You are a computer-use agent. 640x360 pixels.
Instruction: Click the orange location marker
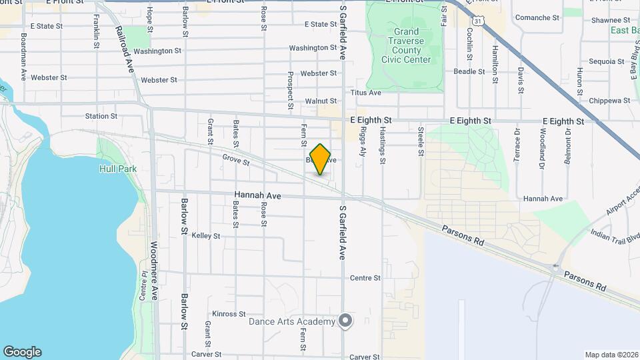(x=321, y=159)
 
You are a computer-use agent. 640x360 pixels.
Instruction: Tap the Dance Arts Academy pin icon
(x=345, y=321)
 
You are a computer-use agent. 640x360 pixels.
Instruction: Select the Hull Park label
(x=118, y=169)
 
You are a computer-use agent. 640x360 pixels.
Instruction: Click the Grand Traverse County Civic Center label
(x=406, y=45)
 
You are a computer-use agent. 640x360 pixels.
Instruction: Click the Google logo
(x=22, y=351)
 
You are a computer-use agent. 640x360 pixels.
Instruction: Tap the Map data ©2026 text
(x=611, y=355)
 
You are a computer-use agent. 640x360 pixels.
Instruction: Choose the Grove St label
(x=236, y=161)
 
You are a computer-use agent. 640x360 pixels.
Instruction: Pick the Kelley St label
(x=206, y=236)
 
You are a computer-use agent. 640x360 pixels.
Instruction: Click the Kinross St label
(x=229, y=314)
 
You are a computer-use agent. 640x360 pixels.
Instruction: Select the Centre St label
(x=365, y=278)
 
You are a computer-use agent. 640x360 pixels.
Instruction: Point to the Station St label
(x=101, y=116)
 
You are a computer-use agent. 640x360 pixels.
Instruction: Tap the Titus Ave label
(x=366, y=93)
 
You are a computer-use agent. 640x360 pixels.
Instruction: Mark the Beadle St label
(x=469, y=71)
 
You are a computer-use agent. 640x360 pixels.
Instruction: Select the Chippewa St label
(x=609, y=101)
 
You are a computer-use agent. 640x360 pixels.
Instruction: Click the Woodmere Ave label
(x=154, y=270)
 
